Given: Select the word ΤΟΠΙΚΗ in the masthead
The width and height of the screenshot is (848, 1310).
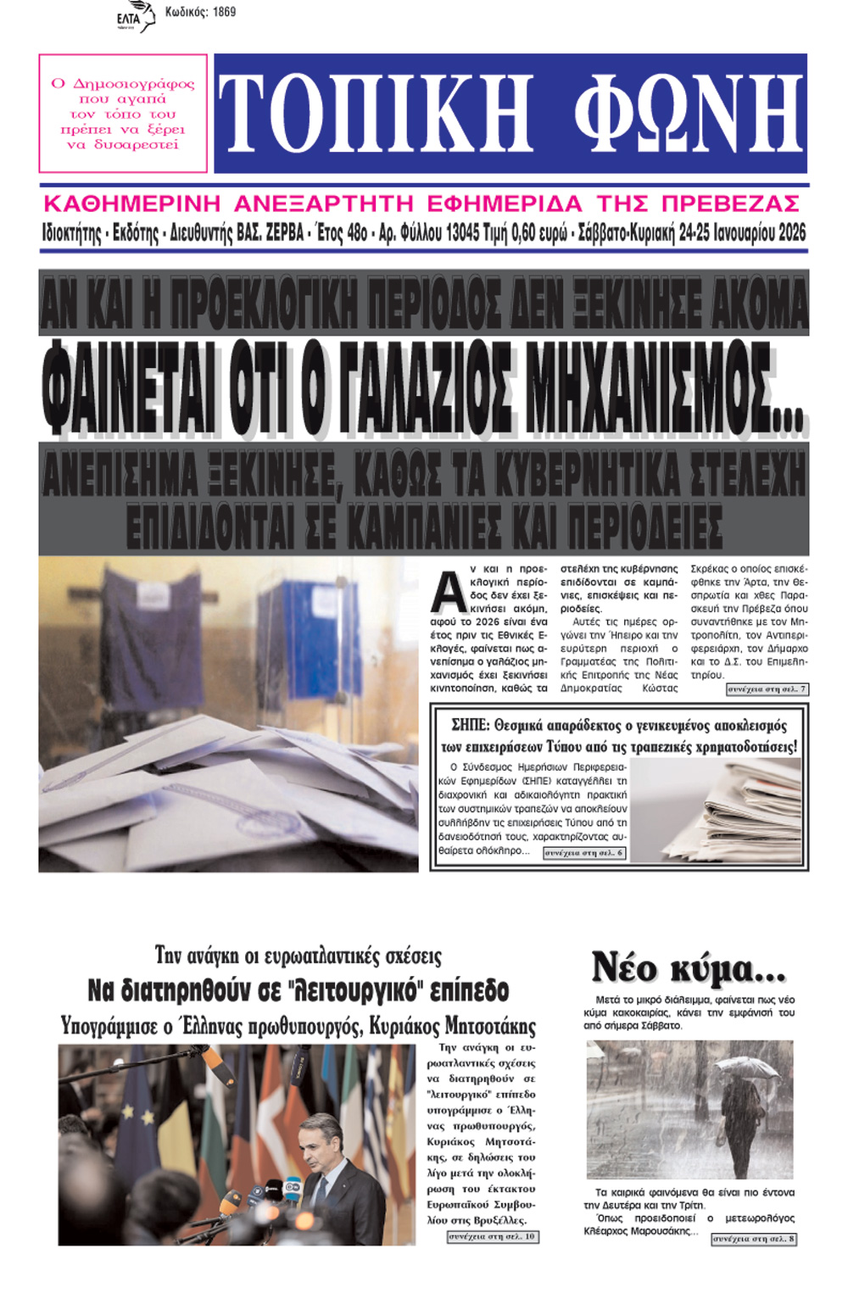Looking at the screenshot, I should (376, 114).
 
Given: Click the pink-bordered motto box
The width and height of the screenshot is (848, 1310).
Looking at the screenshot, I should (123, 114).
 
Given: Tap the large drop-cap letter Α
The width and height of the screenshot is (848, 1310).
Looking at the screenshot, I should (448, 591).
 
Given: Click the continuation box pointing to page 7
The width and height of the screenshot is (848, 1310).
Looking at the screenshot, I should (767, 689).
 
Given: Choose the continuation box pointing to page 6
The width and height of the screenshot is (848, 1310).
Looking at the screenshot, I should (584, 853).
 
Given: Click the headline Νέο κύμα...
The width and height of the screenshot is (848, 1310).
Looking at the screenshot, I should (688, 967).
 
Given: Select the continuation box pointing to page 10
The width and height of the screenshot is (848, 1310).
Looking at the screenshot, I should (493, 1237).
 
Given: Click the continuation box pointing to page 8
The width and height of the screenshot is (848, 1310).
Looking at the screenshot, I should (753, 1239).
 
